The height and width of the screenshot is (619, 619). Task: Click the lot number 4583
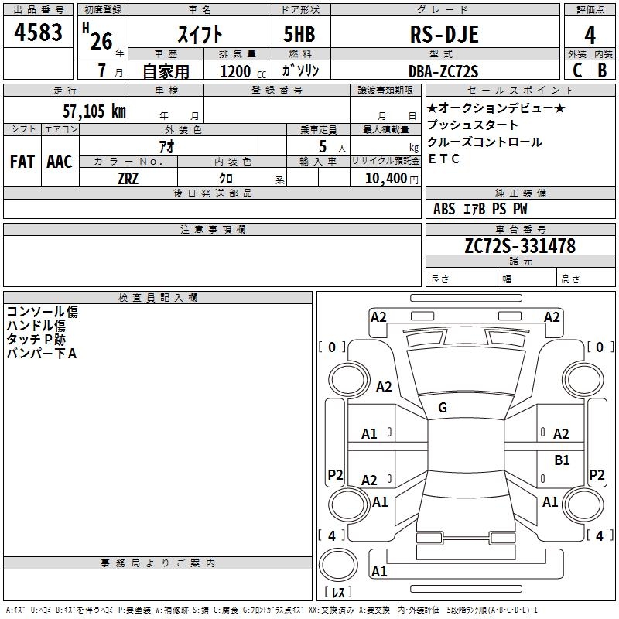38,32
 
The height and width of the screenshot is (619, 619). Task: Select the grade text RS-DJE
444,34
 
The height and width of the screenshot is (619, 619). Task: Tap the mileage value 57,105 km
94,111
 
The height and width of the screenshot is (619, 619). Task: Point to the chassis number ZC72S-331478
520,245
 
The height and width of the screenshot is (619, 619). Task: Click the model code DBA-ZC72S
443,71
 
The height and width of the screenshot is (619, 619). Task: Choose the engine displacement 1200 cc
243,71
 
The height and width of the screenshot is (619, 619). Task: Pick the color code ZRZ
128,179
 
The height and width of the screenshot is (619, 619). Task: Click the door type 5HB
299,34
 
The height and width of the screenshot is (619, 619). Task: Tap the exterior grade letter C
577,70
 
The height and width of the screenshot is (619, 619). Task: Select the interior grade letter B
602,70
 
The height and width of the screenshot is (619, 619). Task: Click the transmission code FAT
22,162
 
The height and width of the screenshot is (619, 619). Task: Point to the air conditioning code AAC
60,162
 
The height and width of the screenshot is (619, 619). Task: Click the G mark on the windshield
443,408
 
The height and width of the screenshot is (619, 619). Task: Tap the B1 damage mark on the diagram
562,460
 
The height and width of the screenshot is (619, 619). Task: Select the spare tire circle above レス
338,565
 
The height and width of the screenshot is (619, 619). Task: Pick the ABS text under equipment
444,209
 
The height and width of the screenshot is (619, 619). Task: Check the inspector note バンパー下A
42,354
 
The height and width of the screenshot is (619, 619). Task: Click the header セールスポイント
520,91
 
